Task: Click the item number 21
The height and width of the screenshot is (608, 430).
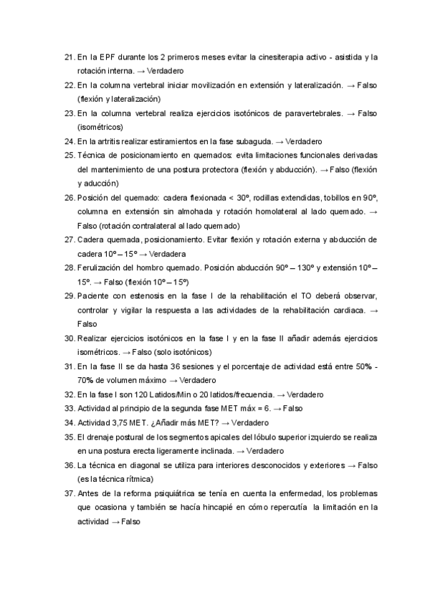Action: tap(69, 57)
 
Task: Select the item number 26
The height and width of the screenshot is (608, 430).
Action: tap(69, 197)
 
